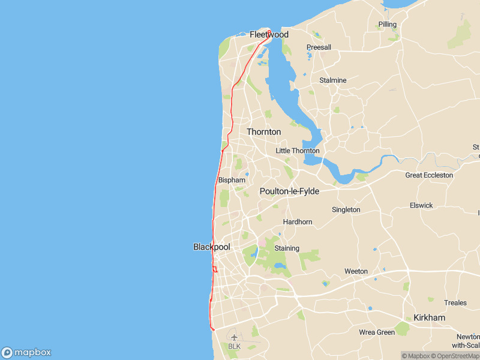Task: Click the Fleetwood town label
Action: (x=269, y=35)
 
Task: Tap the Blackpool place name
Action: (x=211, y=247)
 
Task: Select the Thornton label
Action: (x=263, y=132)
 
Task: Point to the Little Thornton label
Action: (x=298, y=151)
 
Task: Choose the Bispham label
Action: (x=232, y=180)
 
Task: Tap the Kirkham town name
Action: (x=430, y=317)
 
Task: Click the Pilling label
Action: (x=388, y=25)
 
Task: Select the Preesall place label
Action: (x=319, y=47)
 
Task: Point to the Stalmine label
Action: (x=333, y=80)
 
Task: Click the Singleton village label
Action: (x=346, y=210)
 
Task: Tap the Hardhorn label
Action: (x=298, y=222)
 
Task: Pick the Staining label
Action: (x=287, y=248)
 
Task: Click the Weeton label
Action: (x=356, y=272)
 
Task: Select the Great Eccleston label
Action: (x=429, y=175)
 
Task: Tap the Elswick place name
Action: (x=421, y=206)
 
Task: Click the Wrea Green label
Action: (x=377, y=332)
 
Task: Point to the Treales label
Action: (x=455, y=303)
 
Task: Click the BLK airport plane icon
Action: (x=234, y=337)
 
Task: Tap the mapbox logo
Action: (x=26, y=353)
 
